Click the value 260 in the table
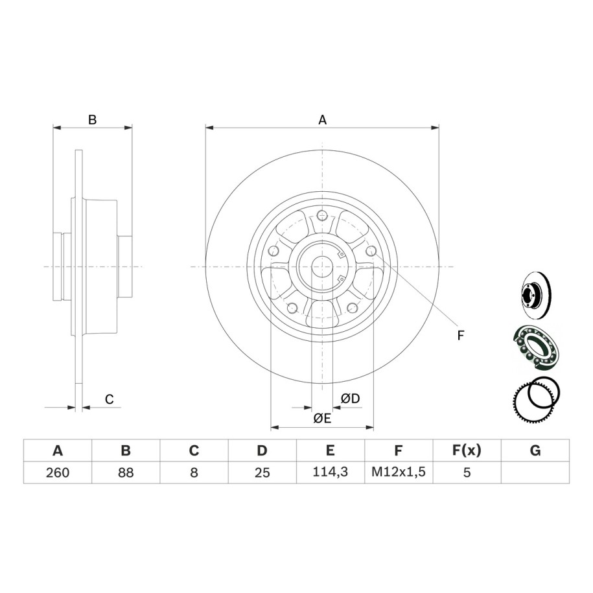(x=58, y=472)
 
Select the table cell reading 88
(x=126, y=472)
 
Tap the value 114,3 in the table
(x=330, y=472)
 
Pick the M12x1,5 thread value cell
(x=399, y=472)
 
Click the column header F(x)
(x=467, y=450)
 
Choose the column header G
(x=535, y=450)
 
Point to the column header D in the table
(x=262, y=450)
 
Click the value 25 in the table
(x=262, y=472)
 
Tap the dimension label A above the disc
(x=322, y=120)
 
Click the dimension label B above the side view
(x=92, y=120)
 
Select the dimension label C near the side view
(x=110, y=399)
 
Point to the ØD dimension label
(x=351, y=398)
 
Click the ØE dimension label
(x=322, y=418)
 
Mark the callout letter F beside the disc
(x=460, y=336)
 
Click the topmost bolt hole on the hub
(x=322, y=216)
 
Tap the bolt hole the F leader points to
(x=371, y=250)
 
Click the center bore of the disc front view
(x=322, y=266)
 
